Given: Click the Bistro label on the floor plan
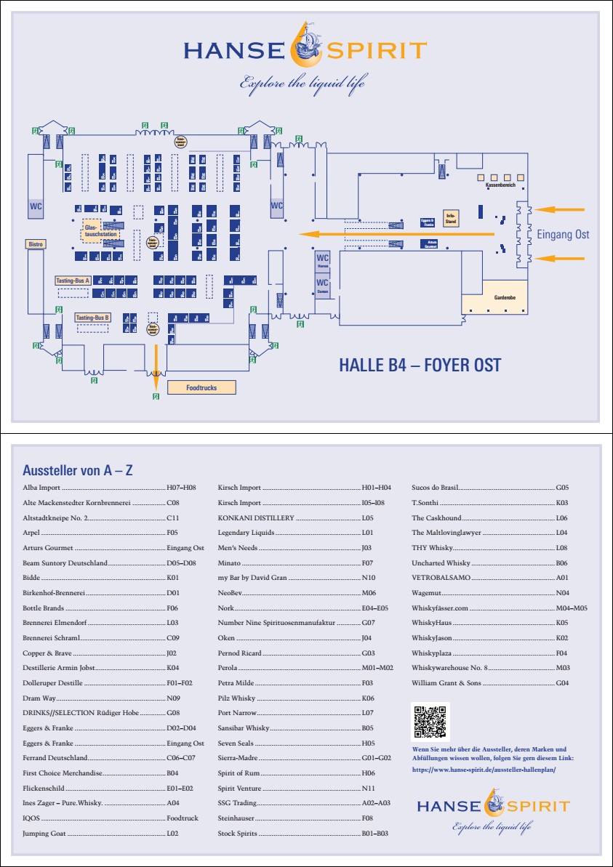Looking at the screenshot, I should pos(36,244).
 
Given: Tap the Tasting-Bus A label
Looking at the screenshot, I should pos(72,280).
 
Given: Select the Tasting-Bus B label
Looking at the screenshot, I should pos(92,318).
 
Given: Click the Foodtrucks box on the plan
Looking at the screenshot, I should pos(201,387).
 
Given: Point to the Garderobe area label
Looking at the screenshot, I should pos(494,298).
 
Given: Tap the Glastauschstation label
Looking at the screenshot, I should pos(91,230).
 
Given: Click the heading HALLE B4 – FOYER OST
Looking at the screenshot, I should pos(420,365).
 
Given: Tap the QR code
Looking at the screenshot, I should pos(431,721).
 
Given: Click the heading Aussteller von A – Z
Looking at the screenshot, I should pos(78,471).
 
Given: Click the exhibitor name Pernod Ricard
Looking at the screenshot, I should pos(239,653).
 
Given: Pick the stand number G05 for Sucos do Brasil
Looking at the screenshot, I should pos(562,488).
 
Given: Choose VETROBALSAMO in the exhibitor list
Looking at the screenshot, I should pos(441,578).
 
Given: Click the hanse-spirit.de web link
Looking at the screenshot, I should pos(484,769).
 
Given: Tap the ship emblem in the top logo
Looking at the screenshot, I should pos(305,41).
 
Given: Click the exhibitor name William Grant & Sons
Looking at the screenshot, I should pos(446,683).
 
